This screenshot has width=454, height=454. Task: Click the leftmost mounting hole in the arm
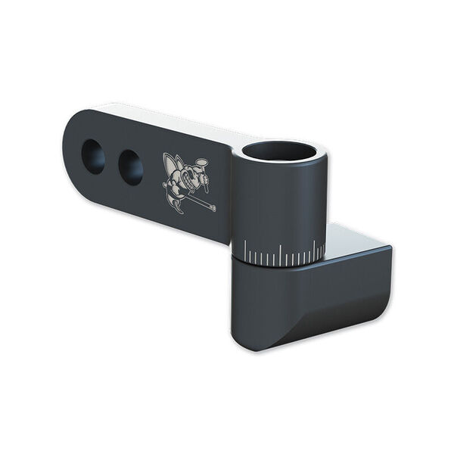pyautogui.click(x=93, y=157)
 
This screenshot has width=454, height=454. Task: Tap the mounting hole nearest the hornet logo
pyautogui.click(x=130, y=166)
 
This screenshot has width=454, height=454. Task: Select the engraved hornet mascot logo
pyautogui.click(x=187, y=182)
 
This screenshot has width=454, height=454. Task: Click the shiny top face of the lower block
pyautogui.click(x=356, y=238)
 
